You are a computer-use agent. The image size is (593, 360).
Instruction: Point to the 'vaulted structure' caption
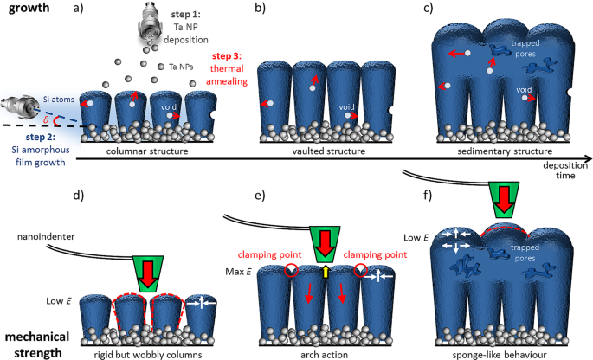(324, 151)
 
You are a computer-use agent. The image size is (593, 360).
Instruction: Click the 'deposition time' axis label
(569, 171)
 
